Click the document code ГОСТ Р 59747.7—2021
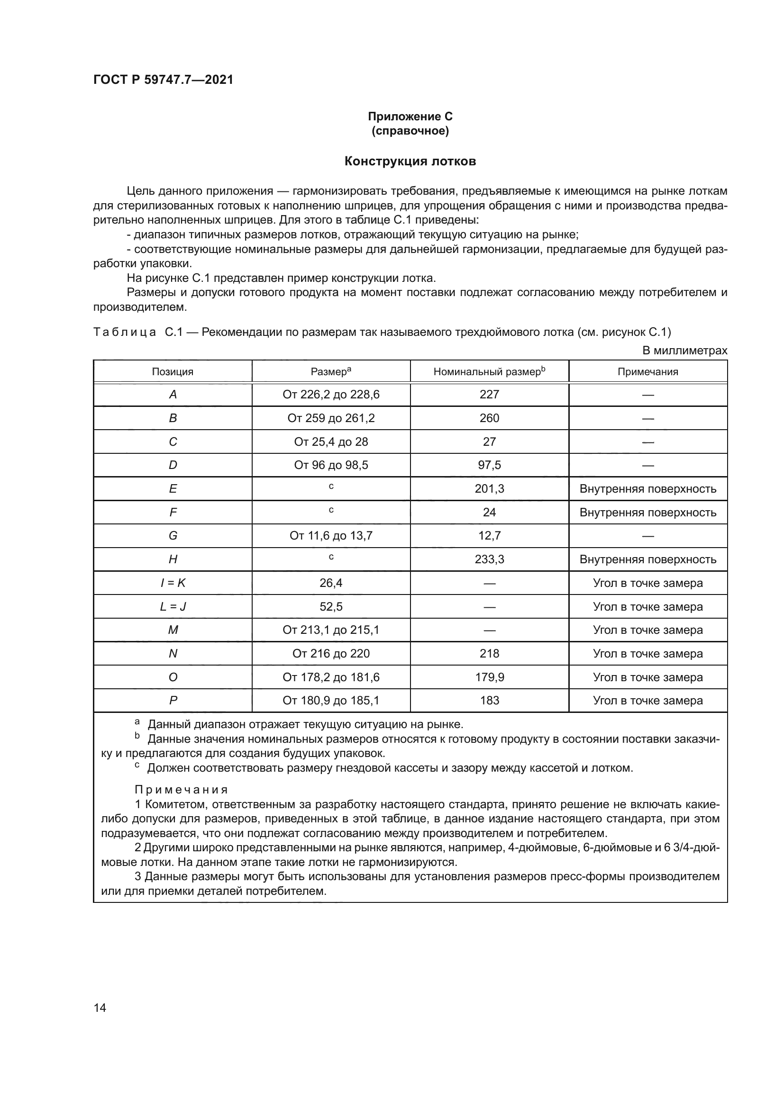[x=163, y=80]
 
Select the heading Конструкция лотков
[x=410, y=161]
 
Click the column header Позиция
[x=173, y=371]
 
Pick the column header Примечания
[x=647, y=371]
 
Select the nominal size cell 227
[x=489, y=394]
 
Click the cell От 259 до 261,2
[x=331, y=418]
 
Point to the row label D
[x=173, y=465]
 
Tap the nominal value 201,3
[x=489, y=488]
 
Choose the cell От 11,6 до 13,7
[x=331, y=535]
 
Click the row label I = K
[x=173, y=583]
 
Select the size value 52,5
[x=331, y=606]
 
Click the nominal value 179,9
[x=489, y=676]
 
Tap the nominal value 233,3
[x=489, y=559]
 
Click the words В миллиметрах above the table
[x=684, y=351]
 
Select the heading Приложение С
[x=410, y=117]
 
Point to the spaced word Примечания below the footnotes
[x=181, y=790]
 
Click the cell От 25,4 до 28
[x=331, y=441]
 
